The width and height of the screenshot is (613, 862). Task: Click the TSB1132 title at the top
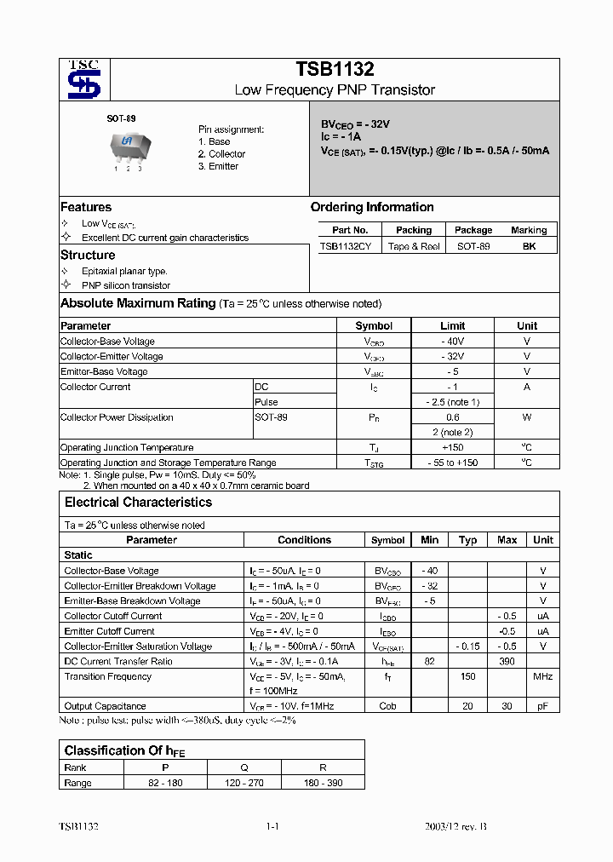click(335, 70)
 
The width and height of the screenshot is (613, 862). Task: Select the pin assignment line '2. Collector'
click(221, 154)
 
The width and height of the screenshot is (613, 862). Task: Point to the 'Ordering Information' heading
click(372, 207)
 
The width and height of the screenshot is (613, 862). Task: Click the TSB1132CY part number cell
click(345, 245)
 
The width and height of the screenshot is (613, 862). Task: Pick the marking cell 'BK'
click(529, 245)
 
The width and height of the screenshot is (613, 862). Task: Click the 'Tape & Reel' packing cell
click(414, 245)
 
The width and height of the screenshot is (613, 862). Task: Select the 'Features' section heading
click(86, 207)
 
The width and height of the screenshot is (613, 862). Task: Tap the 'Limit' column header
click(452, 325)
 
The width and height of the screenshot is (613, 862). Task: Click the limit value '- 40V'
click(452, 341)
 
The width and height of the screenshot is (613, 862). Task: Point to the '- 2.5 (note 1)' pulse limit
click(452, 402)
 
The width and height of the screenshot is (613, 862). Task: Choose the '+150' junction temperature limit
click(452, 447)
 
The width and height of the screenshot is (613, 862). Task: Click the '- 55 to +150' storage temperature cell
click(452, 463)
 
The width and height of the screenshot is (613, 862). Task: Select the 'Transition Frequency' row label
click(108, 676)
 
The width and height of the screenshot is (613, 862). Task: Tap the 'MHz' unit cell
click(542, 676)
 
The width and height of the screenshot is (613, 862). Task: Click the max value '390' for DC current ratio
click(507, 661)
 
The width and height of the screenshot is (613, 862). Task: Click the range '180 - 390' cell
click(323, 782)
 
